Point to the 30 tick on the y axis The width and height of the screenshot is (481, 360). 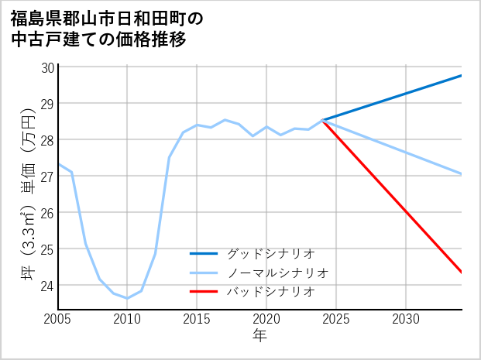[x=46, y=67]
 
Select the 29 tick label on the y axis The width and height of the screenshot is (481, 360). [x=46, y=104]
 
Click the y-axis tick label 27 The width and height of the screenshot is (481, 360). [x=46, y=177]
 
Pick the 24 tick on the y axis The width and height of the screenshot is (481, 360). [x=46, y=286]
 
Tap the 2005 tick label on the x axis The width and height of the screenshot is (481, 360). [x=58, y=319]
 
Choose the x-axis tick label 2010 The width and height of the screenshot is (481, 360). [x=128, y=319]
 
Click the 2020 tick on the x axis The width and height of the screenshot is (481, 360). [x=267, y=319]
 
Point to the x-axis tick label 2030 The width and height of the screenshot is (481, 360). [x=407, y=319]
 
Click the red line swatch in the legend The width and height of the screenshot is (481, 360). [x=204, y=292]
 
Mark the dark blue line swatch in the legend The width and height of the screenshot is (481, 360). [x=204, y=253]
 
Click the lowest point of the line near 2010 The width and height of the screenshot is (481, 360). [x=128, y=298]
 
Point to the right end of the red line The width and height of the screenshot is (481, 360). [x=462, y=272]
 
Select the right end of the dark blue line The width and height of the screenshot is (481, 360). [x=462, y=75]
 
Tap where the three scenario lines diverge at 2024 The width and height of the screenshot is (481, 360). [x=323, y=120]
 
